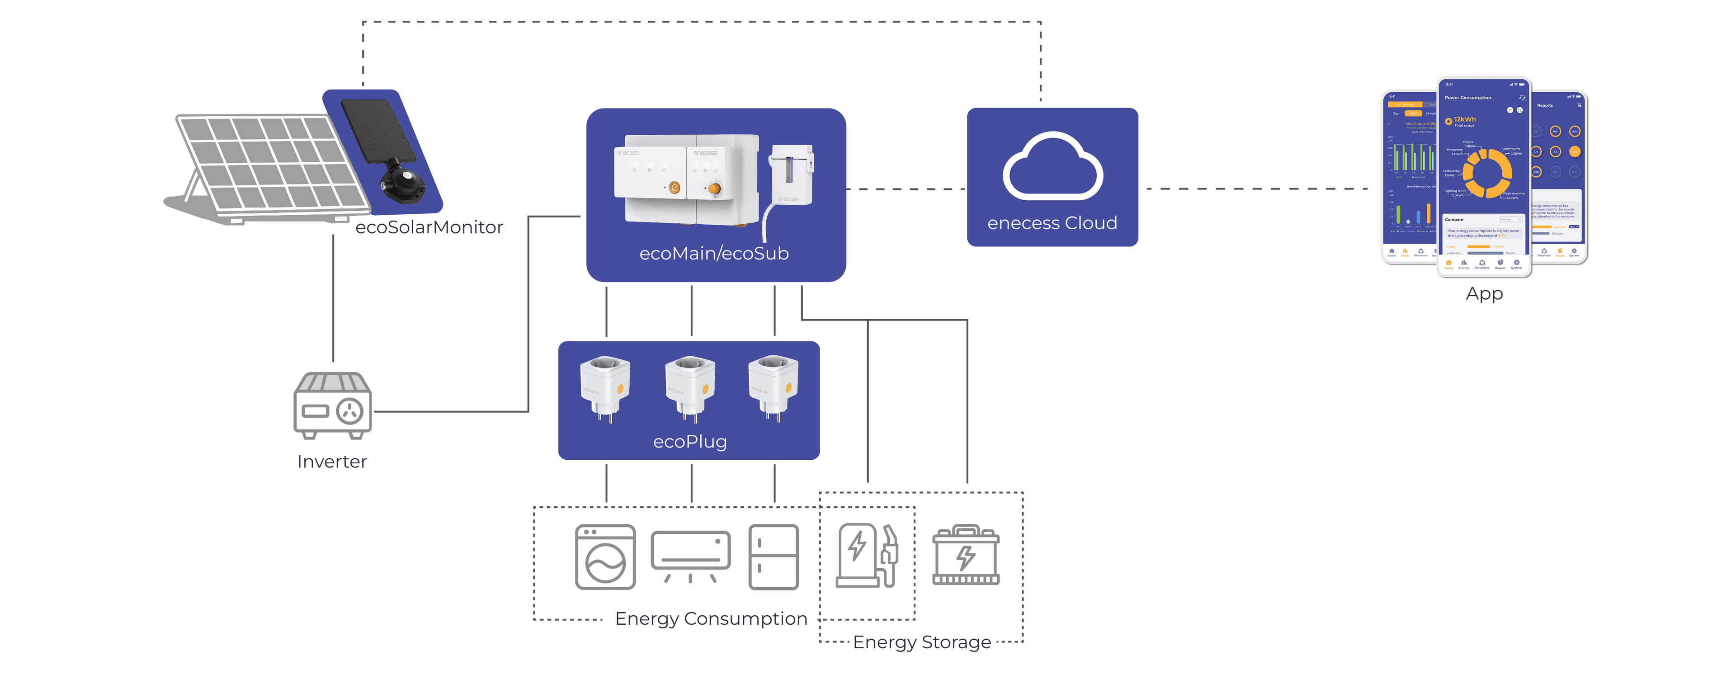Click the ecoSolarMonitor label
pyautogui.click(x=429, y=228)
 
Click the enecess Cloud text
pyautogui.click(x=1052, y=223)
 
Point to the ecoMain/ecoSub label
pyautogui.click(x=714, y=253)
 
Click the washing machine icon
pyautogui.click(x=605, y=557)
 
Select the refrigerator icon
pyautogui.click(x=774, y=557)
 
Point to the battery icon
pyautogui.click(x=966, y=556)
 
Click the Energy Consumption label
pyautogui.click(x=711, y=618)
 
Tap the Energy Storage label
pyautogui.click(x=921, y=642)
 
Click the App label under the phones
pyautogui.click(x=1484, y=294)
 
